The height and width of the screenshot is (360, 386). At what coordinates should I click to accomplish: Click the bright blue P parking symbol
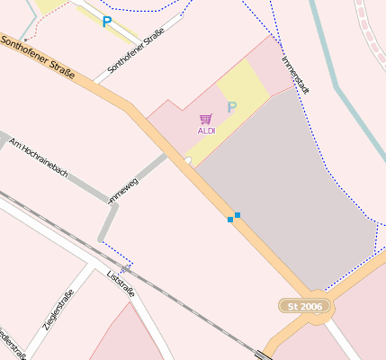[x=107, y=22]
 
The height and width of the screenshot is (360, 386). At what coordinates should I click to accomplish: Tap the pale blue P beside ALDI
[x=231, y=108]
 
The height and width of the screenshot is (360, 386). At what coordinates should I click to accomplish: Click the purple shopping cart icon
[x=206, y=119]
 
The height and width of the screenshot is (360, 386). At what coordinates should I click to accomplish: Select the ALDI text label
[x=206, y=131]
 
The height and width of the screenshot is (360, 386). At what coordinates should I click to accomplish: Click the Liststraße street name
[x=121, y=283]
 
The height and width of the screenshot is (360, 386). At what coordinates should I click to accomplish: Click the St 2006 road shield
[x=304, y=307]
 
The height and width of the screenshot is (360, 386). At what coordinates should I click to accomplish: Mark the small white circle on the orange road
[x=188, y=160]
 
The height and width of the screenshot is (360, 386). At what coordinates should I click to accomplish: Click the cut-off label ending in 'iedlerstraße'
[x=12, y=341]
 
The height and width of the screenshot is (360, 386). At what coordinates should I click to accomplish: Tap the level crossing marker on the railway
[x=125, y=268]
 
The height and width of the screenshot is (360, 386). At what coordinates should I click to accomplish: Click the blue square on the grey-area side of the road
[x=238, y=214]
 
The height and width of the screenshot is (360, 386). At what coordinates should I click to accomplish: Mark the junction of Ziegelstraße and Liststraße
[x=94, y=266]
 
